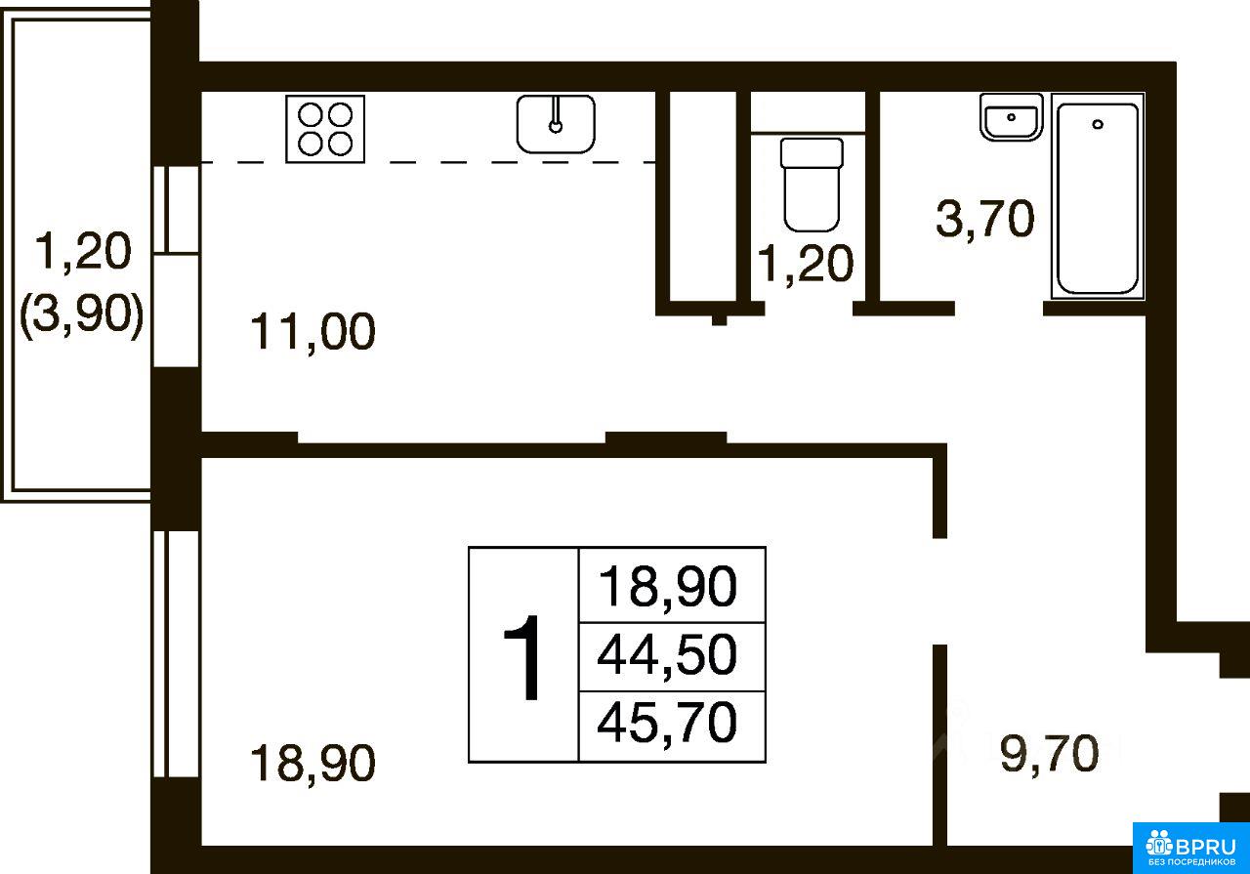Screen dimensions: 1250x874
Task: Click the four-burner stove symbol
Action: (325, 129)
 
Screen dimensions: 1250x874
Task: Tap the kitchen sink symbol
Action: (556, 123)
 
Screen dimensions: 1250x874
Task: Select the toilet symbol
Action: (812, 185)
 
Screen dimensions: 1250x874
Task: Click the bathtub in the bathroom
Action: (1098, 197)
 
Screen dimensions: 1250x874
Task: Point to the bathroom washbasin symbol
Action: (1011, 117)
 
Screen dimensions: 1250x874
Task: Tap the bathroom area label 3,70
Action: (985, 220)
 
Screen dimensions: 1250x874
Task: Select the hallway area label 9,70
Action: (1049, 754)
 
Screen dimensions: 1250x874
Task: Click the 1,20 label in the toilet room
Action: (806, 264)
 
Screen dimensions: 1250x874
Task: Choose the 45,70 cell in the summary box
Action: (667, 724)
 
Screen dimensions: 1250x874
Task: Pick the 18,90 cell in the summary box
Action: (667, 586)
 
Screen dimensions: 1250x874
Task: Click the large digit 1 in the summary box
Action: (522, 657)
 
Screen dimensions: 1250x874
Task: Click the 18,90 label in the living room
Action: (312, 764)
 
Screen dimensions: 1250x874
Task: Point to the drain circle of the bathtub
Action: (1098, 124)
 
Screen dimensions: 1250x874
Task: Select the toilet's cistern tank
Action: (812, 152)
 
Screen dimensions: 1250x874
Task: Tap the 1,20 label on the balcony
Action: (83, 252)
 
